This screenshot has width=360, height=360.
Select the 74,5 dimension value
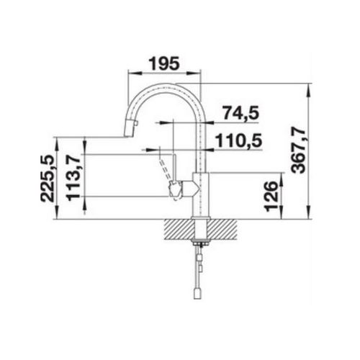pyautogui.click(x=239, y=113)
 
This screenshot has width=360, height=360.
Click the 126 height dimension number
pyautogui.click(x=271, y=196)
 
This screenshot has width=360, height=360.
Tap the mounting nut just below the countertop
pyautogui.click(x=200, y=243)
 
